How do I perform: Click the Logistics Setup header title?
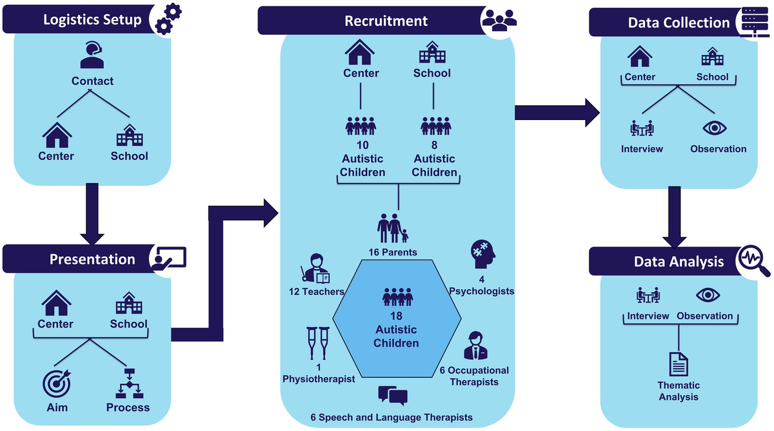[92, 19]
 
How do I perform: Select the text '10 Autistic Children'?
[362, 159]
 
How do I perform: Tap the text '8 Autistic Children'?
[434, 159]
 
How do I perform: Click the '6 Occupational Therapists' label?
[474, 376]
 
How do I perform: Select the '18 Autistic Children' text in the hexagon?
[397, 329]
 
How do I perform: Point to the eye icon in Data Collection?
[714, 127]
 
